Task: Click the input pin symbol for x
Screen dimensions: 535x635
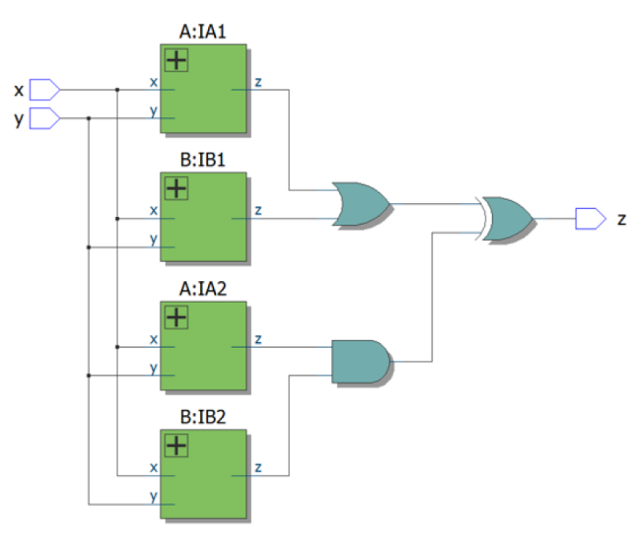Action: pyautogui.click(x=45, y=88)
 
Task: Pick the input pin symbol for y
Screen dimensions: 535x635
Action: pyautogui.click(x=45, y=118)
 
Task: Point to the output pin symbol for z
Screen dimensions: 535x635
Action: pyautogui.click(x=590, y=218)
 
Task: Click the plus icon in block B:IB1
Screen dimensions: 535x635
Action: pyautogui.click(x=175, y=189)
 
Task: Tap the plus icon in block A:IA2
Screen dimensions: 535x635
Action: pyautogui.click(x=175, y=317)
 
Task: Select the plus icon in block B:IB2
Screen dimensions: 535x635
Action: pyautogui.click(x=175, y=445)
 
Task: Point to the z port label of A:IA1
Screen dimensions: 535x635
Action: pyautogui.click(x=257, y=82)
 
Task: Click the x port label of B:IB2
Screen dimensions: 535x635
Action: pyautogui.click(x=154, y=468)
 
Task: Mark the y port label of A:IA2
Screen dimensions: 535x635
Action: pyautogui.click(x=154, y=368)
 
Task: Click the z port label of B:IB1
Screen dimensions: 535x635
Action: pyautogui.click(x=257, y=210)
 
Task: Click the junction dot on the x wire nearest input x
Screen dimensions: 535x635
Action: pyautogui.click(x=117, y=89)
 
